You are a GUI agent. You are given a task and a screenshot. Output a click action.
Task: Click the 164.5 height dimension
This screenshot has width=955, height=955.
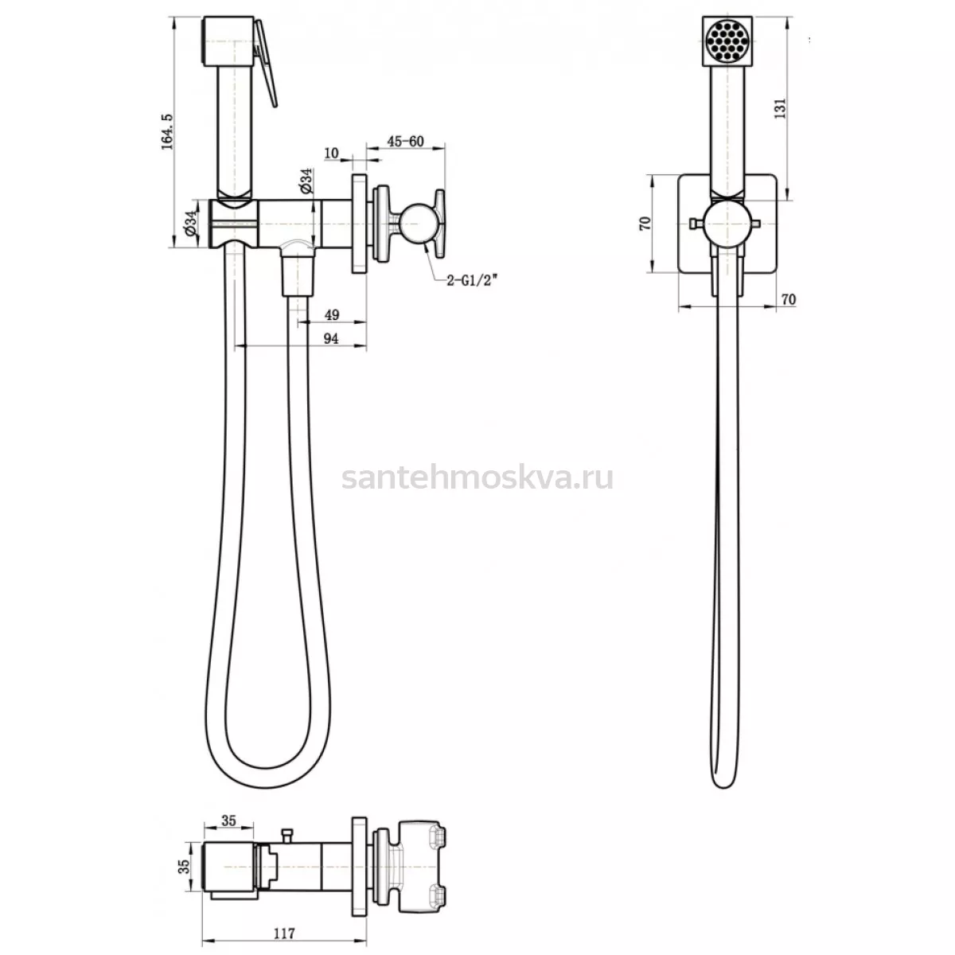167,131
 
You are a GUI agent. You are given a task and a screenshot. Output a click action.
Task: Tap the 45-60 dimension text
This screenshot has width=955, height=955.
405,141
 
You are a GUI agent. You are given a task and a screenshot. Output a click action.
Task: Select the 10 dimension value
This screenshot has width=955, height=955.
332,153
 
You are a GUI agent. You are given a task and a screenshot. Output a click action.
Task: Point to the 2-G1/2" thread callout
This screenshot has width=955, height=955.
471,281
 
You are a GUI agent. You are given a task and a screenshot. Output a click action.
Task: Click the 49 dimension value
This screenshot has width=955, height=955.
332,314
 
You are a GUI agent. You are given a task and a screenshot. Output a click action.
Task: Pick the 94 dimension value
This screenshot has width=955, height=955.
331,338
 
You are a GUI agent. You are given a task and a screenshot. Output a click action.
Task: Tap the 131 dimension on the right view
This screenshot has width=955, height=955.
781,108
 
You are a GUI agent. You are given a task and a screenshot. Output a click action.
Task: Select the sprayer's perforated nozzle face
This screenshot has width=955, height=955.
727,41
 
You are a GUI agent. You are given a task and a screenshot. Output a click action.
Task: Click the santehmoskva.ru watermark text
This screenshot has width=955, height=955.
477,478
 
